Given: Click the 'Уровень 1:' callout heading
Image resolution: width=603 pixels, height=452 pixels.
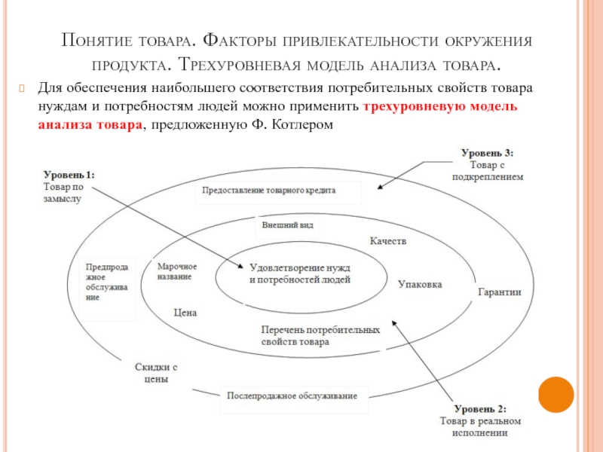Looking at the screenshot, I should click(69, 175).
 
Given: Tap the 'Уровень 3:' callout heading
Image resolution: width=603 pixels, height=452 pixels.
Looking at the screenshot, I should click(486, 154).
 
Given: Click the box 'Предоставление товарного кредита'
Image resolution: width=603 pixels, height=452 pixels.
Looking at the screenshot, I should click(278, 191).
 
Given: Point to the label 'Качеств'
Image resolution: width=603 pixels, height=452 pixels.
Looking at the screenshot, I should click(388, 242).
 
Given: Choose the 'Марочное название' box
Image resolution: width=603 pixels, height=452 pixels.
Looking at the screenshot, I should click(177, 272).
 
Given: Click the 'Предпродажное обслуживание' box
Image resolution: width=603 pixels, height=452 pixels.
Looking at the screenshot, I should click(108, 282).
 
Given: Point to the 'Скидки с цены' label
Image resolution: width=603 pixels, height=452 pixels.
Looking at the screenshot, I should click(156, 374).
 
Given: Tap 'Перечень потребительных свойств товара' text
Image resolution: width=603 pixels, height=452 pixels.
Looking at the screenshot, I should click(320, 335).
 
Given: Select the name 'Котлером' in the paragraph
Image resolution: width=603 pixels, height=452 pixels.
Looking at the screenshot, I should click(302, 124).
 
